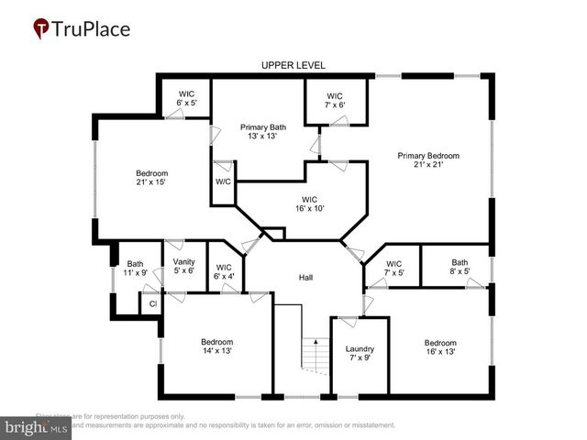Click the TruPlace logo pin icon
coord(41,28)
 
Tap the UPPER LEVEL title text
coord(293,65)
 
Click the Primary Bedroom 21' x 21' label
coord(428,160)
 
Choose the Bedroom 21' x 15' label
coord(152,178)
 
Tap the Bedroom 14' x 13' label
coord(217,346)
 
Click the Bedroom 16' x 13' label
coord(440,347)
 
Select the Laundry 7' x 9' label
coord(360,354)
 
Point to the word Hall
coord(306,277)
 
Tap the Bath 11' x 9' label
coord(136,269)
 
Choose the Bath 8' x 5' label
coord(460,268)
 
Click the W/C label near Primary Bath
coord(224,181)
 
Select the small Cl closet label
coord(152,304)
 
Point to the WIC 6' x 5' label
coord(186,98)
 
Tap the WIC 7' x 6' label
coord(335,100)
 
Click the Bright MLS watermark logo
coord(36,427)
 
